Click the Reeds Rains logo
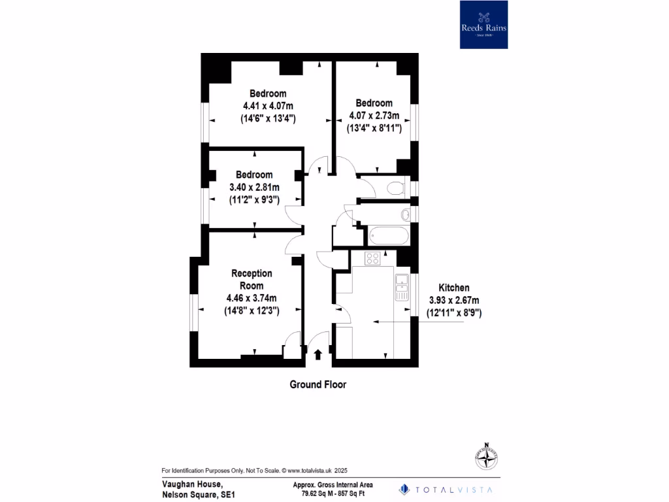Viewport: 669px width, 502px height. click(483, 25)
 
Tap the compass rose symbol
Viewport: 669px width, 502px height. click(485, 458)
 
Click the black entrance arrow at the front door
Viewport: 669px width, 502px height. click(318, 354)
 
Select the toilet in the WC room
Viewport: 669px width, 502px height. click(395, 189)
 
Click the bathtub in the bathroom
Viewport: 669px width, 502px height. click(388, 235)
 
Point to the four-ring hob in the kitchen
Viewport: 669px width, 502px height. click(372, 258)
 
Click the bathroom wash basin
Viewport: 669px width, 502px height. click(406, 214)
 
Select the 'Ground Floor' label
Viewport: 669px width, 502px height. click(318, 385)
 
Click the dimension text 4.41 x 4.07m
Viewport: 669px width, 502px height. click(268, 106)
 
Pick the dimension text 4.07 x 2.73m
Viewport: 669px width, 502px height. click(374, 116)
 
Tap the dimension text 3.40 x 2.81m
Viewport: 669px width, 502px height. click(254, 188)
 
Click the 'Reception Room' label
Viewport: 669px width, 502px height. click(252, 279)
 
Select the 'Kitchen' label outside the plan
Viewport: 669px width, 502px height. click(453, 288)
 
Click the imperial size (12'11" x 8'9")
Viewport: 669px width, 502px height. click(454, 313)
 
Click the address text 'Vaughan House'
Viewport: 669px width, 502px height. click(192, 484)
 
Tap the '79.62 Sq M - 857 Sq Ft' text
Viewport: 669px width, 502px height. click(333, 494)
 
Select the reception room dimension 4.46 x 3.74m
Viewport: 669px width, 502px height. click(252, 299)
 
